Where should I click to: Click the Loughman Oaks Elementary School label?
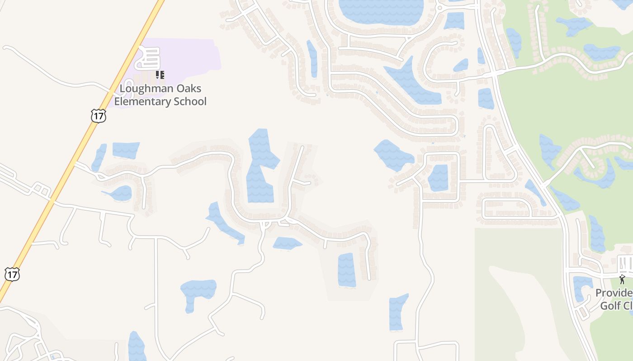coord(160,95)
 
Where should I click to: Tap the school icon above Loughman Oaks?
coord(160,75)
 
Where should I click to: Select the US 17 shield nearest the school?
coord(98,116)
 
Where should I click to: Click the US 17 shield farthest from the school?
coord(12,274)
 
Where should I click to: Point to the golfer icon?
coord(623,279)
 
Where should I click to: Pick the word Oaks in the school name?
coord(190,88)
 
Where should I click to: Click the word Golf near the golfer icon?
coord(610,305)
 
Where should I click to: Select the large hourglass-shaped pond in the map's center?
coord(261,167)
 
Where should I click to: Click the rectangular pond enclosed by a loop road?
coord(438,177)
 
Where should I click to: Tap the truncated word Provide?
coord(614,293)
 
